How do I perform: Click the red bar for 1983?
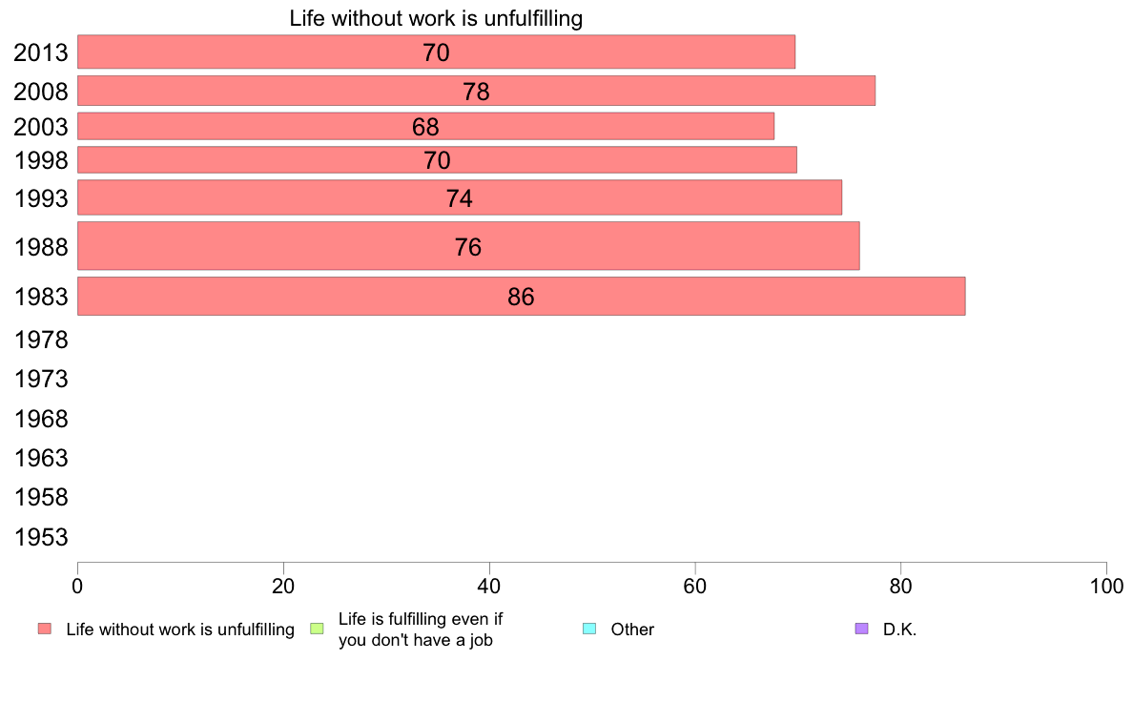(x=521, y=296)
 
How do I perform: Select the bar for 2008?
(x=476, y=91)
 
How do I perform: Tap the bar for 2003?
(x=425, y=126)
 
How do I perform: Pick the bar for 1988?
(x=467, y=246)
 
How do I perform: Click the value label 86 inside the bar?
(x=521, y=297)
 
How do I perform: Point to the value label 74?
(x=460, y=198)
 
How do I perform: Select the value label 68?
(x=425, y=127)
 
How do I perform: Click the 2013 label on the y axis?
(x=41, y=52)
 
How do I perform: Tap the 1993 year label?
(x=41, y=198)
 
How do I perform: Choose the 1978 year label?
(x=41, y=340)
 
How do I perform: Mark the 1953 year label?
(x=41, y=537)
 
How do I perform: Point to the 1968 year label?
(x=41, y=419)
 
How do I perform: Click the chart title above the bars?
(x=436, y=18)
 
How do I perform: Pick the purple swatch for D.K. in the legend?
(x=862, y=629)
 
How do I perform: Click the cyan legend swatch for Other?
(x=588, y=629)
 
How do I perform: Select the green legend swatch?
(x=318, y=629)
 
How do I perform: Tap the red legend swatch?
(x=44, y=629)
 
